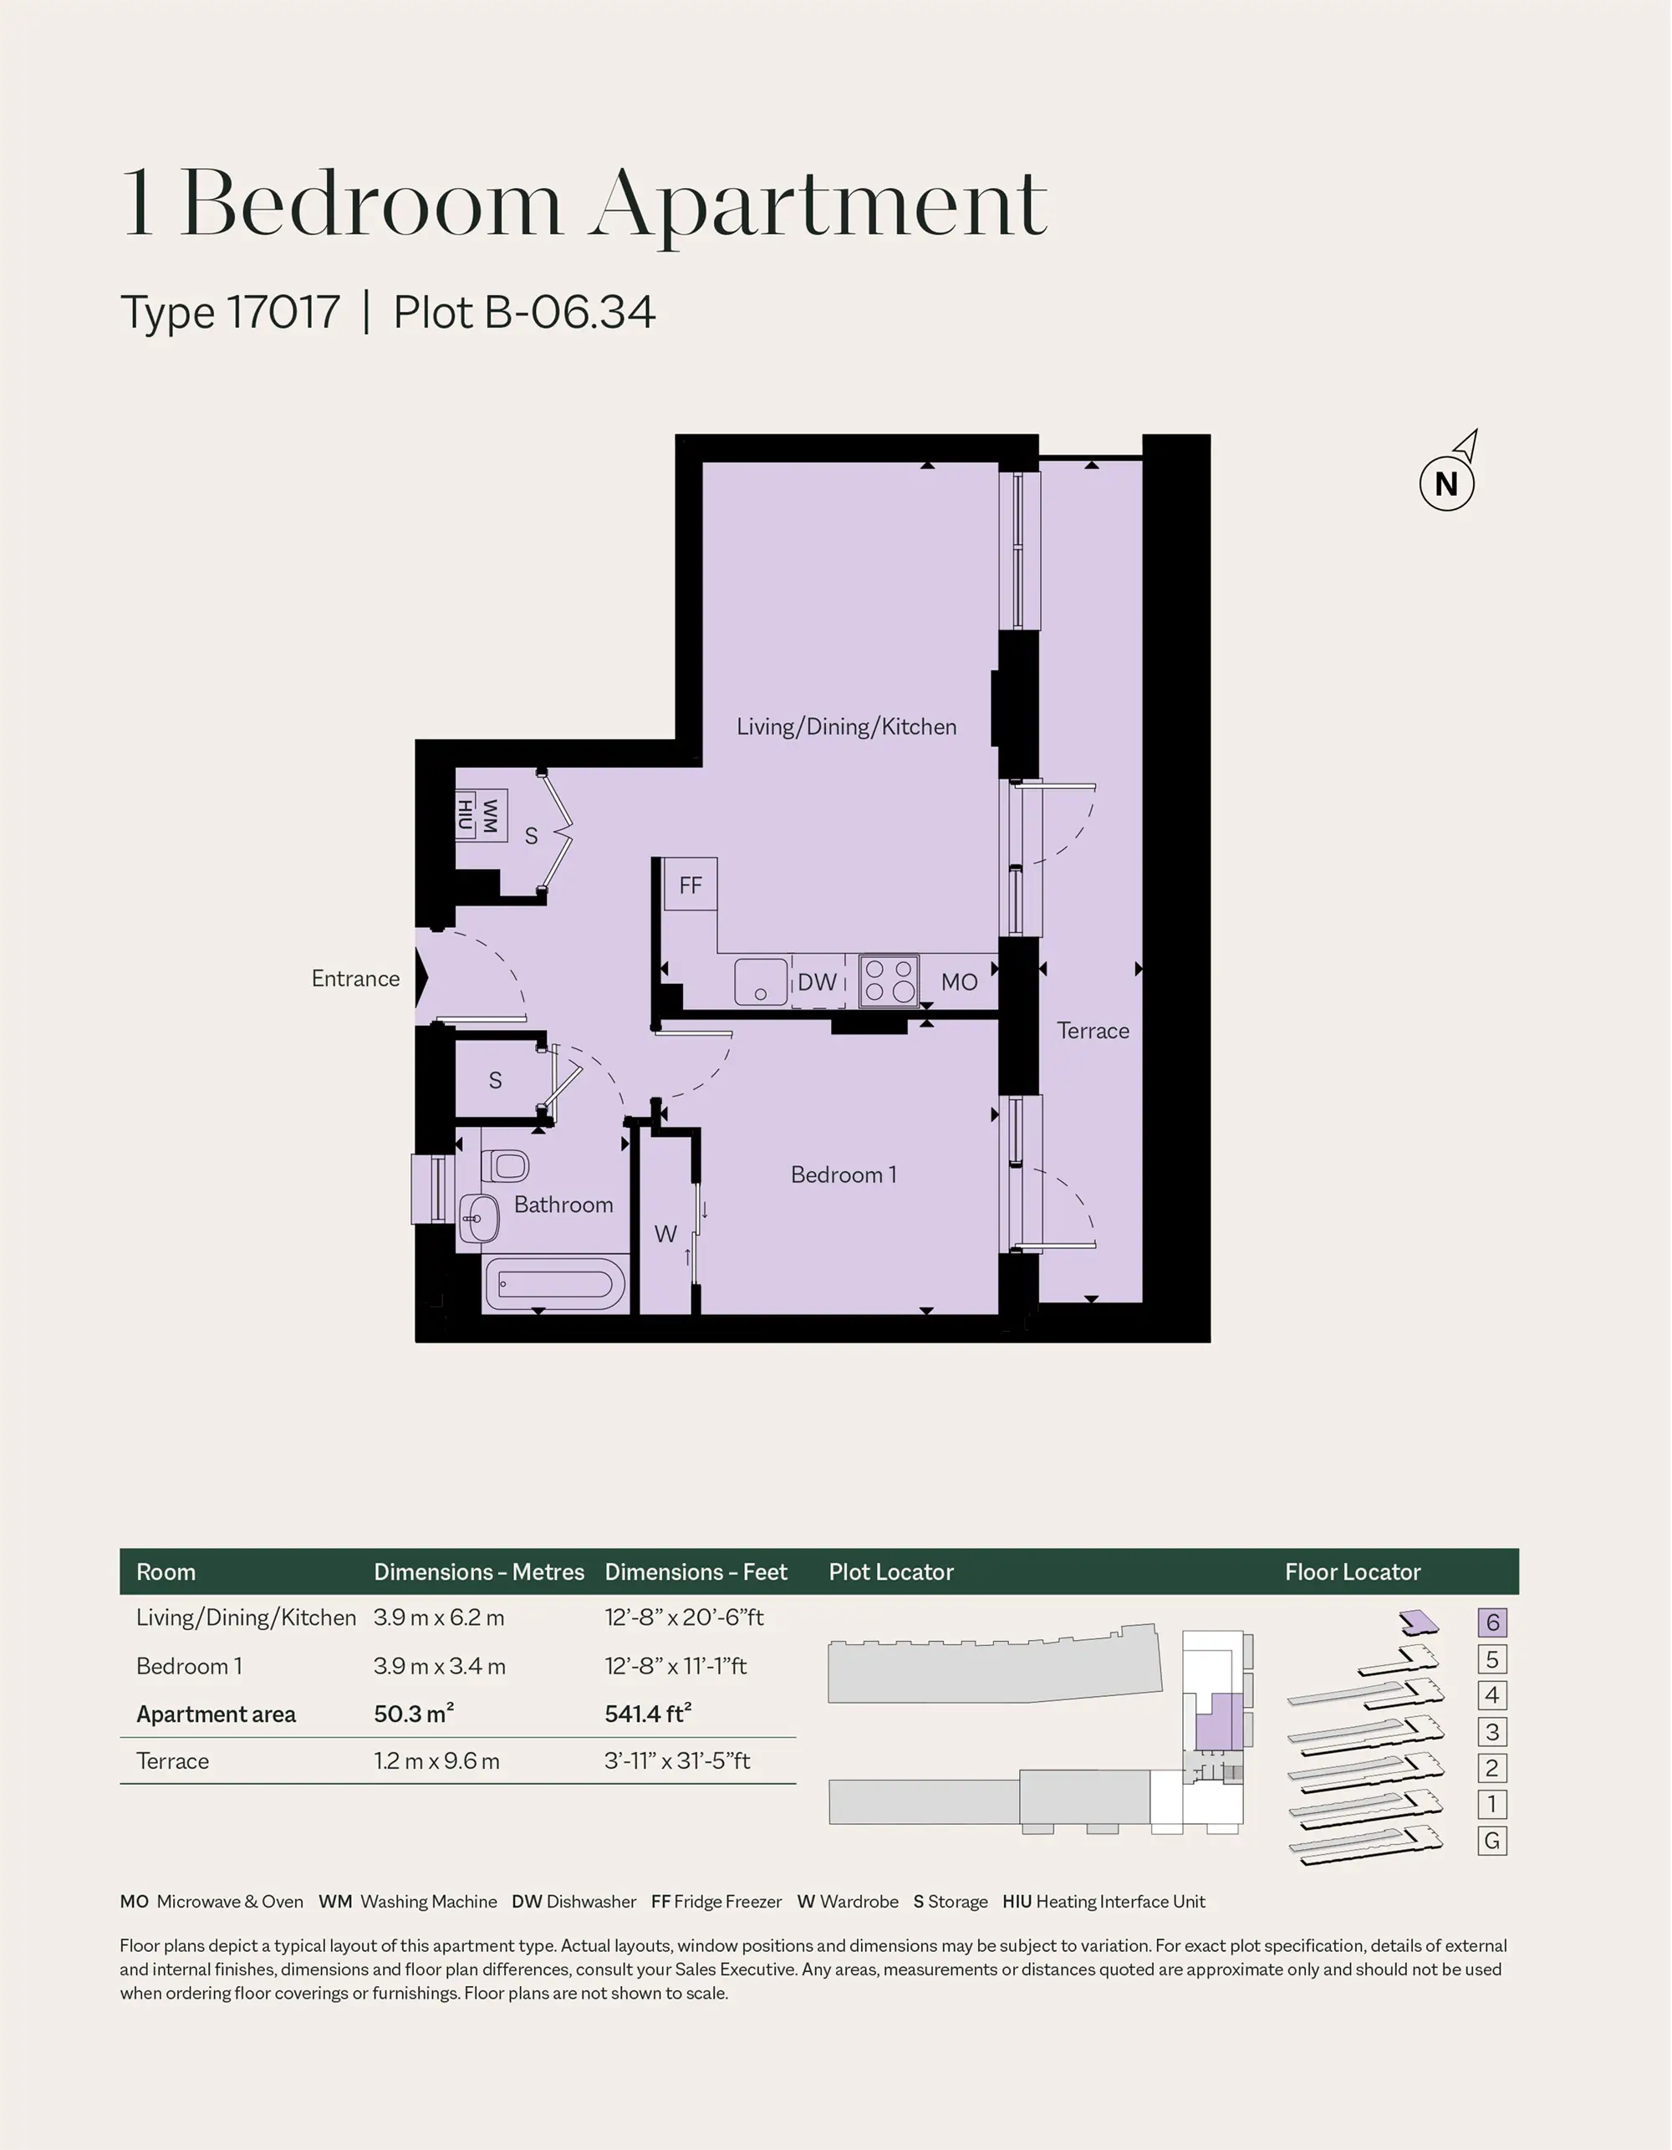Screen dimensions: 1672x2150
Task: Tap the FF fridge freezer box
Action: pyautogui.click(x=691, y=884)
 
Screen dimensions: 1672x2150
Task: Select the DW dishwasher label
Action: pyautogui.click(x=818, y=981)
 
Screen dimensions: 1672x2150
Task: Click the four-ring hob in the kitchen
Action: pyautogui.click(x=890, y=981)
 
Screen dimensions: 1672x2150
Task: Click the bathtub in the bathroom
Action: pyautogui.click(x=556, y=1285)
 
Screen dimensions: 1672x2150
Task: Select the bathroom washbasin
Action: pyautogui.click(x=478, y=1219)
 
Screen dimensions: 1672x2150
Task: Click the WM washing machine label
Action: pyautogui.click(x=489, y=815)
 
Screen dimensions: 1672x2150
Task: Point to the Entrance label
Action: pyautogui.click(x=355, y=979)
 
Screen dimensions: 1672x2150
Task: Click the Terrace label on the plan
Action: pyautogui.click(x=1093, y=1031)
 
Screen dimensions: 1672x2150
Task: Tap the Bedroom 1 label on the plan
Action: pyautogui.click(x=844, y=1174)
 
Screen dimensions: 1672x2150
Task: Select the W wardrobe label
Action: pyautogui.click(x=665, y=1234)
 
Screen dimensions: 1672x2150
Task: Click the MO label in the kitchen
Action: pyautogui.click(x=959, y=981)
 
